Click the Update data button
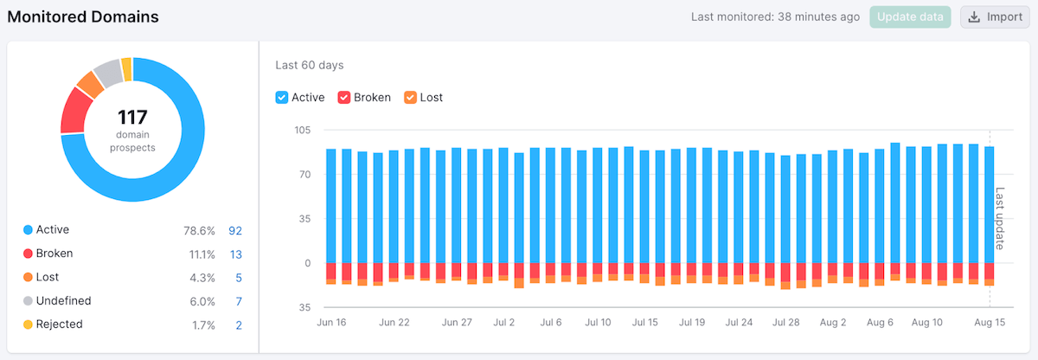pyautogui.click(x=910, y=17)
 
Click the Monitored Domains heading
pyautogui.click(x=83, y=16)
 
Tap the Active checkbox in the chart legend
pyautogui.click(x=282, y=98)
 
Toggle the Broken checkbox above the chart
pyautogui.click(x=344, y=98)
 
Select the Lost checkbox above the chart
pyautogui.click(x=410, y=98)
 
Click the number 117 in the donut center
pyautogui.click(x=132, y=118)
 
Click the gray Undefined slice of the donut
pyautogui.click(x=107, y=74)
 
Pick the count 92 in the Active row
pyautogui.click(x=235, y=230)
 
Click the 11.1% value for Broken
pyautogui.click(x=201, y=254)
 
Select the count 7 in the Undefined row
pyautogui.click(x=239, y=301)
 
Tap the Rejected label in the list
pyautogui.click(x=60, y=325)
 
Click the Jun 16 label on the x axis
pyautogui.click(x=331, y=323)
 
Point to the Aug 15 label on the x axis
pyautogui.click(x=990, y=323)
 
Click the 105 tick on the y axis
pyautogui.click(x=303, y=130)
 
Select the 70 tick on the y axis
pyautogui.click(x=305, y=174)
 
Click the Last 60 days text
pyautogui.click(x=310, y=65)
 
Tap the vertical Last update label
pyautogui.click(x=999, y=218)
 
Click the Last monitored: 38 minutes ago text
pyautogui.click(x=775, y=17)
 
